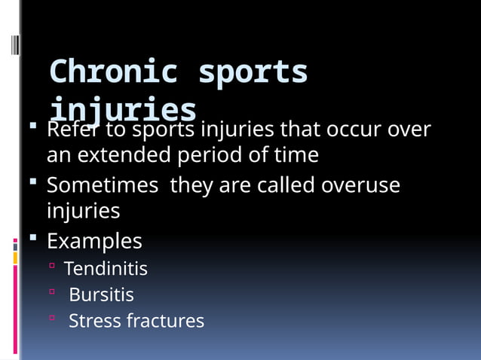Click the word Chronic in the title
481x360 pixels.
[113, 72]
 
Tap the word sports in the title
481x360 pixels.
[253, 72]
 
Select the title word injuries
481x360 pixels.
[123, 110]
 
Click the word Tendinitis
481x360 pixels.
[106, 268]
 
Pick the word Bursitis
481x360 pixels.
[101, 294]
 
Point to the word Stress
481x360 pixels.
[94, 321]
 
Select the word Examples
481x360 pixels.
[94, 241]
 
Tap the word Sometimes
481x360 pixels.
[102, 185]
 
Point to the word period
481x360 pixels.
[211, 155]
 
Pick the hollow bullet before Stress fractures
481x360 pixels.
[52, 319]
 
